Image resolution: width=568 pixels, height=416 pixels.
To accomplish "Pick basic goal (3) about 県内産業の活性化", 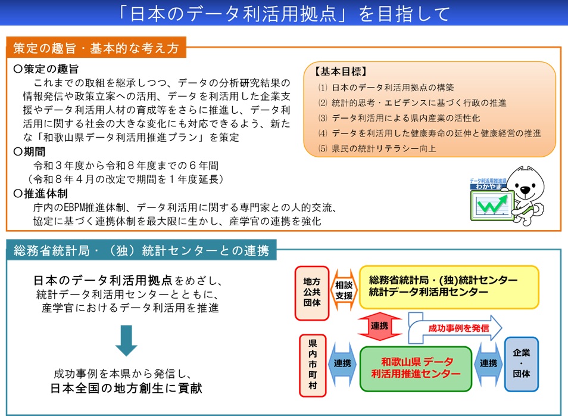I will tap(399, 118).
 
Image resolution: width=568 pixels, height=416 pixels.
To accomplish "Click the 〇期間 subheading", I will tap(31, 151).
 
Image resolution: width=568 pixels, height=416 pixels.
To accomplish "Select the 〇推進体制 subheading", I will tap(39, 194).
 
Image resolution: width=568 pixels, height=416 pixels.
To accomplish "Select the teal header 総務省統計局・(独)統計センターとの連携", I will tap(141, 251).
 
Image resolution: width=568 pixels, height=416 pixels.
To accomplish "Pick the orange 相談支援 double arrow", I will tap(344, 290).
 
